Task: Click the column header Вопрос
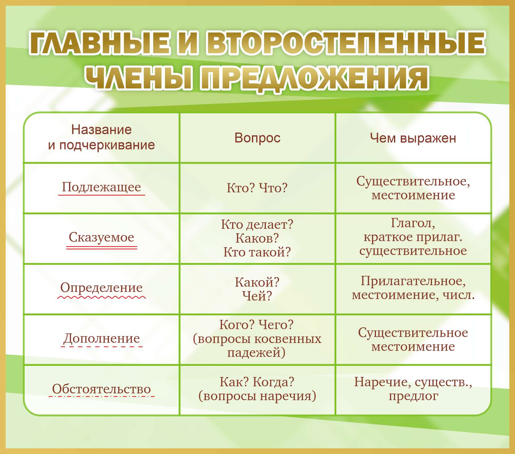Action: coord(257,138)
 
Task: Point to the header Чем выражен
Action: coord(413,138)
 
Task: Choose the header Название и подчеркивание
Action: coord(102,137)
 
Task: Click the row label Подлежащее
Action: coord(102,187)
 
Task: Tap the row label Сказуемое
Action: coord(102,237)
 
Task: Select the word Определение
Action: coord(102,288)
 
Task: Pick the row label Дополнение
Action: coord(102,338)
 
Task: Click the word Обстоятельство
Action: coord(102,389)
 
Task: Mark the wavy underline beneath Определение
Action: coord(102,297)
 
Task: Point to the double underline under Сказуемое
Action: coord(102,248)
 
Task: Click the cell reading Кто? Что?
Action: coord(257,188)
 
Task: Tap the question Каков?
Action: coord(257,238)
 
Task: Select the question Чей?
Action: coord(257,296)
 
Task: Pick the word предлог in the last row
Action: coord(413,396)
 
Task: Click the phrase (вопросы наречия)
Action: coord(257,396)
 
